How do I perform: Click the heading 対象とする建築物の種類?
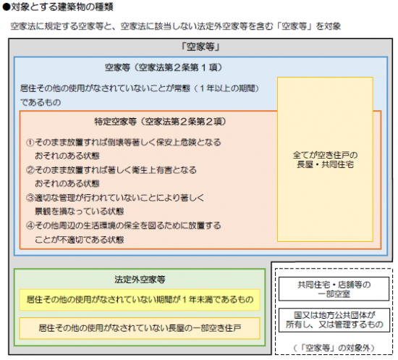click(62, 7)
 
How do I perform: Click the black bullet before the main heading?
click(6, 7)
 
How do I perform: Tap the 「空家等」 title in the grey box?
click(200, 47)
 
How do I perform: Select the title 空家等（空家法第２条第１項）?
click(164, 67)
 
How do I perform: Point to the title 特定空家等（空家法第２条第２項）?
click(160, 122)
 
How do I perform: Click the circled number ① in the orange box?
click(30, 142)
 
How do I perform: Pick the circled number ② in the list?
click(30, 170)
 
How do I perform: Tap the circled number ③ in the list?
click(30, 198)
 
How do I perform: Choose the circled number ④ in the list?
click(30, 225)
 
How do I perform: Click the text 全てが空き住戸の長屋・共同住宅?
click(325, 159)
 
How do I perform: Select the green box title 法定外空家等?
click(140, 280)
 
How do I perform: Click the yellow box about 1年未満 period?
click(140, 300)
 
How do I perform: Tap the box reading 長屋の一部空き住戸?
click(140, 328)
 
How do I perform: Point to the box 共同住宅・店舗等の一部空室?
click(334, 289)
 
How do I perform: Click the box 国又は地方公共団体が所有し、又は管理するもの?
click(334, 320)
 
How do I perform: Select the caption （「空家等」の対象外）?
click(334, 348)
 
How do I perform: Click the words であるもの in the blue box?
click(41, 102)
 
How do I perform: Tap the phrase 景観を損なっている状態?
click(79, 212)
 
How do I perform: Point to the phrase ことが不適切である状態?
click(79, 239)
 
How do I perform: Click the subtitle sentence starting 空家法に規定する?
click(176, 26)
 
